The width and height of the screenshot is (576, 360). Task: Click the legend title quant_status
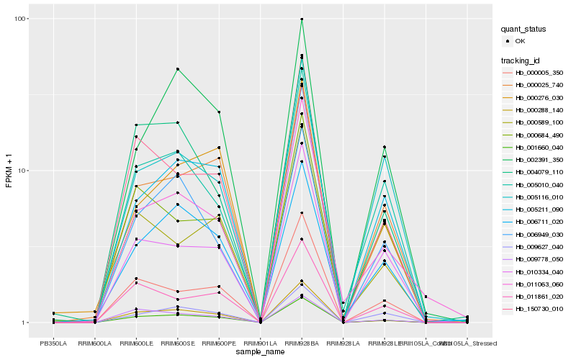point(526,30)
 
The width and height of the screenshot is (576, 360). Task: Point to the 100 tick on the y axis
point(21,19)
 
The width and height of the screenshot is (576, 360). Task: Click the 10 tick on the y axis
point(23,171)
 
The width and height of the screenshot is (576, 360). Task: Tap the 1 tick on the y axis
point(25,323)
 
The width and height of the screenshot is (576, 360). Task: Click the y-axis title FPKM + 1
point(9,171)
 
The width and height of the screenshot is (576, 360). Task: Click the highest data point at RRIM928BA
point(302,19)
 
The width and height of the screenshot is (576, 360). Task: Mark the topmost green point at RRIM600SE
point(177,69)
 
